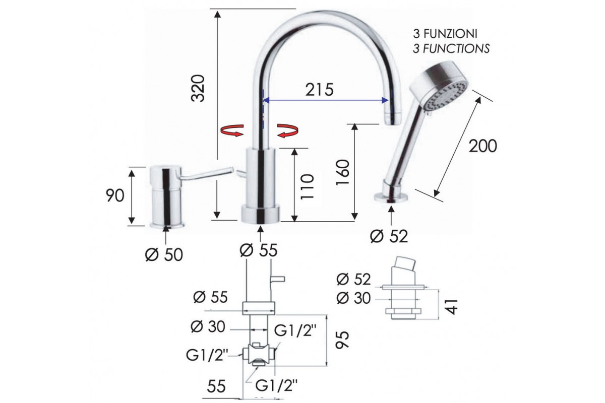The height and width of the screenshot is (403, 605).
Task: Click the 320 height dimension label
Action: click(198, 88)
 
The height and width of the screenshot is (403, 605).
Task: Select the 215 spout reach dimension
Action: click(320, 90)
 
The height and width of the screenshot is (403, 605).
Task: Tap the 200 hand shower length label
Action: click(482, 146)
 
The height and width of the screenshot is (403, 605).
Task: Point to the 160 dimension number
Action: click(342, 172)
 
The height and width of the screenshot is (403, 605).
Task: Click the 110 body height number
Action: click(308, 187)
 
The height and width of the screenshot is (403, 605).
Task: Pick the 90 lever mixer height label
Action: click(115, 195)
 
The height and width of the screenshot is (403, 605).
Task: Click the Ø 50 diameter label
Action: click(164, 254)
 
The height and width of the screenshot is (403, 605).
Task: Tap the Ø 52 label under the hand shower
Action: click(389, 236)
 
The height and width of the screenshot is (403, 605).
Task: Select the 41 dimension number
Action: click(451, 307)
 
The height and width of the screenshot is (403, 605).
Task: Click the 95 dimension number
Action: click(342, 340)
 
